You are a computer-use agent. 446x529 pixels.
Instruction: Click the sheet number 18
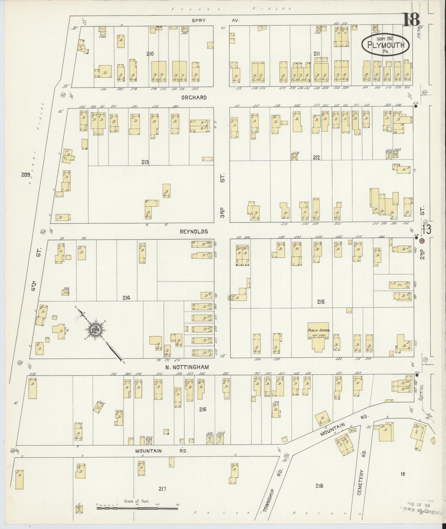point(411,20)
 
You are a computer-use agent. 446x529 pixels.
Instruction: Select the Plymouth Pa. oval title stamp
point(386,46)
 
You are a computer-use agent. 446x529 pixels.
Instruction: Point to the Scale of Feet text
point(137,501)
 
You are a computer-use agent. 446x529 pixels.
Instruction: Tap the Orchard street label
point(194,98)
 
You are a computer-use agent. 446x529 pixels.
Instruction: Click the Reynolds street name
point(194,231)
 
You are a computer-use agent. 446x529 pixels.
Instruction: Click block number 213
point(145,162)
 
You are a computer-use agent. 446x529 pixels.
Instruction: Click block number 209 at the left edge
point(25,174)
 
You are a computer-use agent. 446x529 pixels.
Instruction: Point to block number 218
point(319,486)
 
